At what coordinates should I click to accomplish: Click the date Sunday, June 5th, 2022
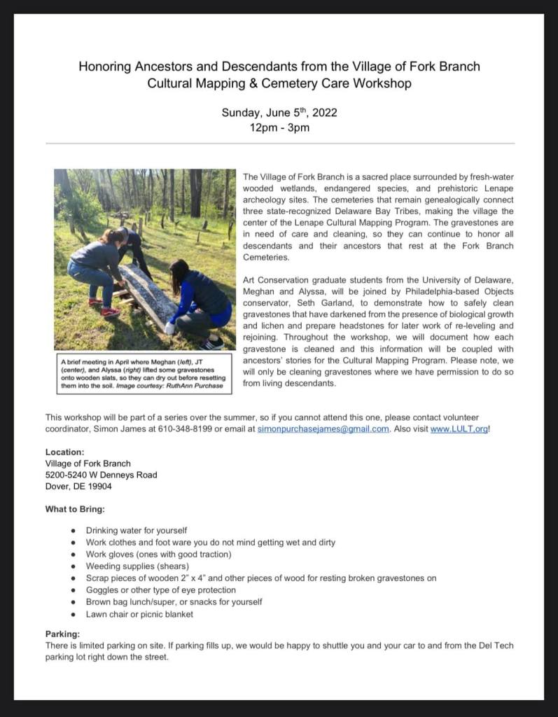pyautogui.click(x=279, y=113)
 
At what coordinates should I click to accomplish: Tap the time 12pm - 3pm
pyautogui.click(x=279, y=128)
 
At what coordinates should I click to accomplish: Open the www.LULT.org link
pyautogui.click(x=459, y=429)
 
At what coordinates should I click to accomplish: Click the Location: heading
pyautogui.click(x=65, y=452)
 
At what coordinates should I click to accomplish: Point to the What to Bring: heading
pyautogui.click(x=76, y=509)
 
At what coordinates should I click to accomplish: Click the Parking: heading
pyautogui.click(x=63, y=634)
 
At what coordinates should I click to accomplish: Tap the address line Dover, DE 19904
pyautogui.click(x=78, y=486)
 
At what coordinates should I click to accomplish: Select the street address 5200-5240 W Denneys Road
pyautogui.click(x=101, y=475)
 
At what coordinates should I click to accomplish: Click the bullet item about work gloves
pyautogui.click(x=158, y=554)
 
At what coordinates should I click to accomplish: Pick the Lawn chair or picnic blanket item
pyautogui.click(x=139, y=614)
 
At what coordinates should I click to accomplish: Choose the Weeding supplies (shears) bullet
pyautogui.click(x=137, y=566)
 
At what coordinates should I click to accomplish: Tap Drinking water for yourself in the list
pyautogui.click(x=137, y=530)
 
